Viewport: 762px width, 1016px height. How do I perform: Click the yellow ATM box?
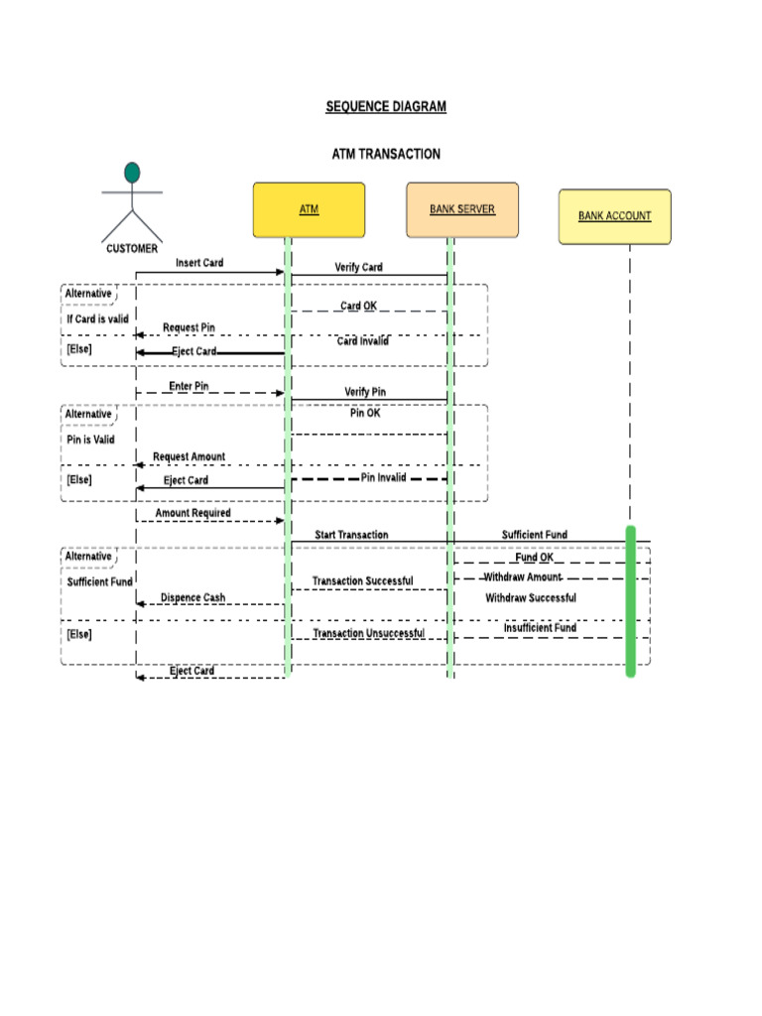309,209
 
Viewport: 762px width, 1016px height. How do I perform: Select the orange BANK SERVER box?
461,209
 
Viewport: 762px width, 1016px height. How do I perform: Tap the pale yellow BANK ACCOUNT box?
614,216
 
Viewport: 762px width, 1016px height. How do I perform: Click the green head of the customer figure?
132,174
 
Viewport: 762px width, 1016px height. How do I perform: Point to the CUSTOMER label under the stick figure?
132,249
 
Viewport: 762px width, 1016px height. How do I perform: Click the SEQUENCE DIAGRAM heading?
386,106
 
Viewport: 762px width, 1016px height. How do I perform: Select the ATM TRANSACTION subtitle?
386,154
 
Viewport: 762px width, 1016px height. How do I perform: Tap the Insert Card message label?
199,263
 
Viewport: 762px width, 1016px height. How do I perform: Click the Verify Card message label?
358,267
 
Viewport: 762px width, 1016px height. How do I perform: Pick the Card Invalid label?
362,341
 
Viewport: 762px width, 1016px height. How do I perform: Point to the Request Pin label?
189,327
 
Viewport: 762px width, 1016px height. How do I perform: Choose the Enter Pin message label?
189,386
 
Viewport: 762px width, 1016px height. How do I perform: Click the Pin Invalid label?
383,477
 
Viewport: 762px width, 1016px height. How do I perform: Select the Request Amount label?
189,456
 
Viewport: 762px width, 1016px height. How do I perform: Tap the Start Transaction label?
351,535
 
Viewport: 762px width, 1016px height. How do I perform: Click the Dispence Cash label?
192,598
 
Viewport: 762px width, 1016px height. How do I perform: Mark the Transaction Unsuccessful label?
368,633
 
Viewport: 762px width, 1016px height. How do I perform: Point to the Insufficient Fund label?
540,628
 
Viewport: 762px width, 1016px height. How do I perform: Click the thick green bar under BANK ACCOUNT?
630,601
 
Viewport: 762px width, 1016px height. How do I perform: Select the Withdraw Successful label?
530,598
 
